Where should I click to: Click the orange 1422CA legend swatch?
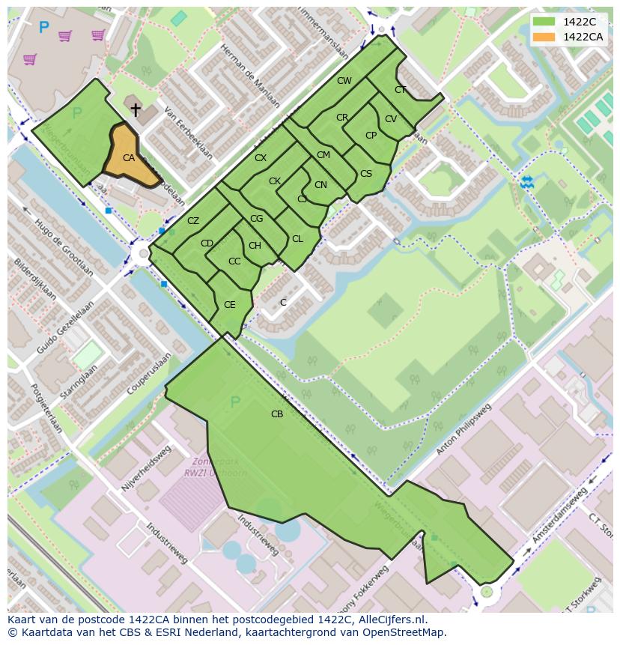pos(546,37)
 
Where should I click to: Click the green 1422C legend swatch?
pos(546,22)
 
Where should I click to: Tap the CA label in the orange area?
pos(129,158)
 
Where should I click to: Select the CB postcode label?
pos(277,414)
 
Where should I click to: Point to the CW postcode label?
pos(344,81)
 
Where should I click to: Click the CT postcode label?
pos(401,90)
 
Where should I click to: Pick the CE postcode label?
pos(230,305)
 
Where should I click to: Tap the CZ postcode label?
pos(193,220)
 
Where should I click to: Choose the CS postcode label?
pos(366,174)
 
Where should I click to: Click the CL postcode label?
pos(297,239)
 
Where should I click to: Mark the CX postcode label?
pos(261,158)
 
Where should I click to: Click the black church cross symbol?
pos(136,110)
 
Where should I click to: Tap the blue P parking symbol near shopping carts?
pos(43,28)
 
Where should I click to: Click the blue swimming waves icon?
pos(527,181)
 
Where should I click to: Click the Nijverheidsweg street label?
pos(147,469)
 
